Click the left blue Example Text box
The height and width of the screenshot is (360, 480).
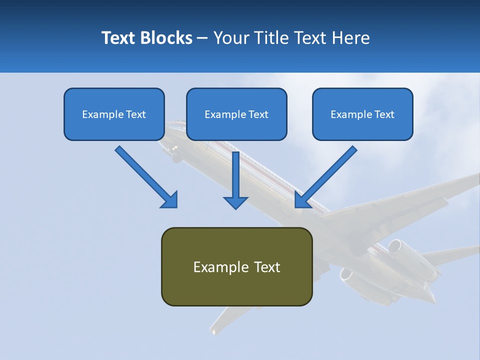(x=114, y=114)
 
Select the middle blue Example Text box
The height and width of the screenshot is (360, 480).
(x=236, y=114)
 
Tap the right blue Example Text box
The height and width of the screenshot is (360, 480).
(x=362, y=114)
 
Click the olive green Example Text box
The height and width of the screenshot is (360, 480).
(x=236, y=266)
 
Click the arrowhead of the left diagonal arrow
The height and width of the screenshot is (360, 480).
(x=169, y=199)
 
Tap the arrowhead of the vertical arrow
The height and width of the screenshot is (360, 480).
(x=235, y=202)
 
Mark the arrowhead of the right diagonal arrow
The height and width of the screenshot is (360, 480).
(x=302, y=199)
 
